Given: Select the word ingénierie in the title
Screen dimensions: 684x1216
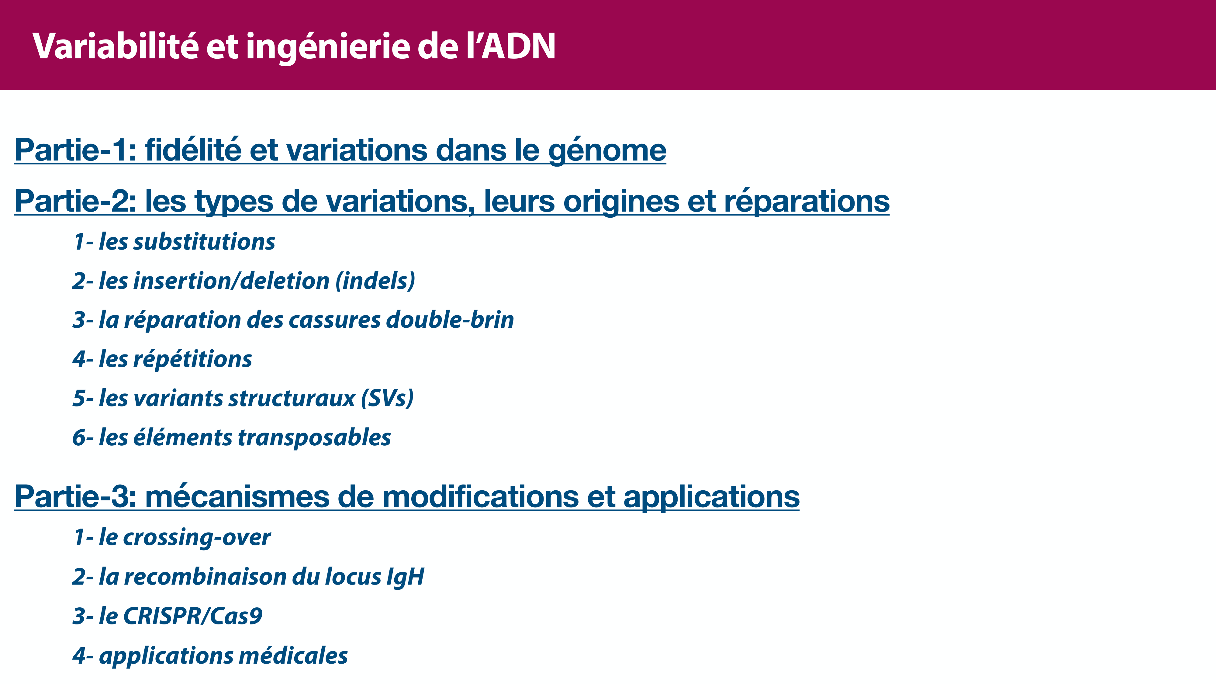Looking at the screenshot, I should [328, 47].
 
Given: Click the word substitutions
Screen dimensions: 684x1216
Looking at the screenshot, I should [204, 242].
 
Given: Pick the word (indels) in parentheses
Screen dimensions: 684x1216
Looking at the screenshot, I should [375, 281].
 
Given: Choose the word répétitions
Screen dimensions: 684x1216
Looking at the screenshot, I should [193, 359].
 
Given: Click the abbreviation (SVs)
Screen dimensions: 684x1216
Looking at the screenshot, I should [387, 399].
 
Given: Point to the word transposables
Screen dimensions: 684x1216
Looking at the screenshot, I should [314, 437].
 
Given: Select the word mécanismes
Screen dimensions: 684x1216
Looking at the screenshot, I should [237, 497].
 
